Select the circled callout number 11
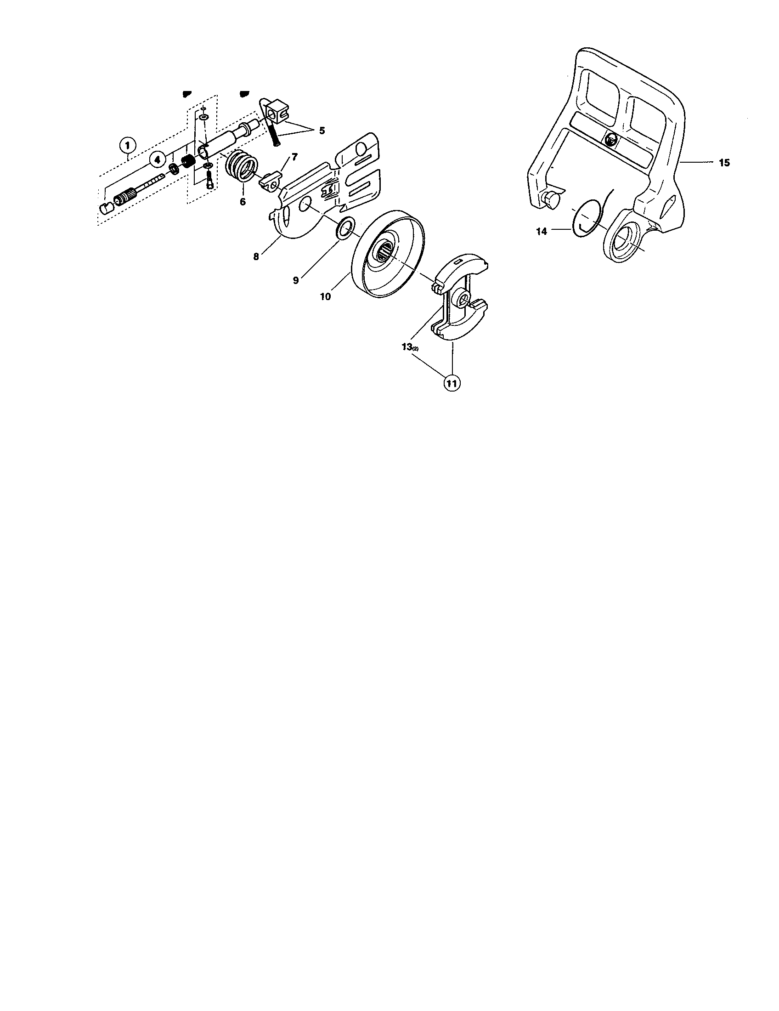click(452, 383)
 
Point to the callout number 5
click(322, 131)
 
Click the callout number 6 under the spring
click(243, 202)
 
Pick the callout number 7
click(295, 156)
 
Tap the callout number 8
click(256, 256)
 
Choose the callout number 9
click(296, 280)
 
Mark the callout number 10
click(326, 296)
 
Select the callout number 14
click(542, 231)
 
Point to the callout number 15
click(724, 163)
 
